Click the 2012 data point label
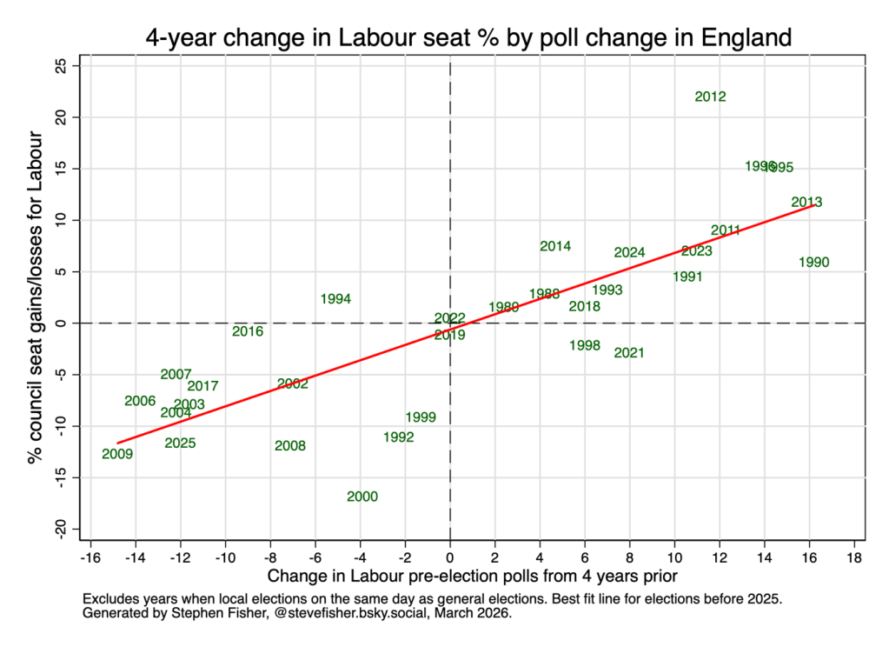click(710, 97)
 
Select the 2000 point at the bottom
click(362, 497)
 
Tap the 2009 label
click(117, 454)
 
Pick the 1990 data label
click(813, 263)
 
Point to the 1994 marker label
click(335, 299)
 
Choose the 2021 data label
click(628, 353)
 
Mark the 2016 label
click(248, 331)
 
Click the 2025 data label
click(180, 444)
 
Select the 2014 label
click(555, 247)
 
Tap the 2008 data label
click(290, 446)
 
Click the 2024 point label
click(629, 253)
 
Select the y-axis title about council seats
click(36, 297)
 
